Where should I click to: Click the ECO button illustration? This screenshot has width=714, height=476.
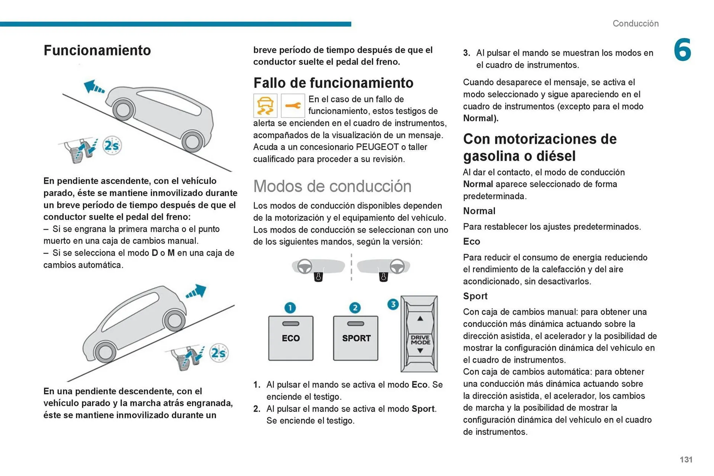click(x=290, y=338)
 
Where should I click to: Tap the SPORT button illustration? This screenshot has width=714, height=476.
click(x=356, y=338)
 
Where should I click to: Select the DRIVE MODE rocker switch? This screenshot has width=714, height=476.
click(x=419, y=334)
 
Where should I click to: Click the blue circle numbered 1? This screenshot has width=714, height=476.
click(x=290, y=308)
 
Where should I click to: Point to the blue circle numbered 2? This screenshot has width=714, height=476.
click(x=355, y=308)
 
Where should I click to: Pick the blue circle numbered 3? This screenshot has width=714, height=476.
click(x=393, y=304)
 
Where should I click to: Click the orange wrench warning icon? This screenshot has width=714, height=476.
click(x=293, y=106)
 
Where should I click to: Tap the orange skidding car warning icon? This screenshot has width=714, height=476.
click(x=265, y=106)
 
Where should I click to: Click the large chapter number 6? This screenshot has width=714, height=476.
click(x=682, y=50)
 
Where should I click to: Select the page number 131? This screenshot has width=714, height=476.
click(x=686, y=460)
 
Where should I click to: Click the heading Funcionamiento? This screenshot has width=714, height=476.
click(x=97, y=50)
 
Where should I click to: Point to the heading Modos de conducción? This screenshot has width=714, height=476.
click(x=332, y=186)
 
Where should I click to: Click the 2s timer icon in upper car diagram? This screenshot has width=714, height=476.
click(x=112, y=145)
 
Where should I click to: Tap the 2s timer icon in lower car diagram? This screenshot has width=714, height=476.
click(x=218, y=353)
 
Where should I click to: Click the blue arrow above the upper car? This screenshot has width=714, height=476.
click(x=94, y=87)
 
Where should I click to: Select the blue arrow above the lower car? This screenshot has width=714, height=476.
click(x=196, y=292)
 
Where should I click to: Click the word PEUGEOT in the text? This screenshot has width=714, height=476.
click(x=377, y=147)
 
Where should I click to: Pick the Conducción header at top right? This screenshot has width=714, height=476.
click(x=635, y=23)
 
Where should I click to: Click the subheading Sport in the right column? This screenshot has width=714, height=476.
click(x=475, y=296)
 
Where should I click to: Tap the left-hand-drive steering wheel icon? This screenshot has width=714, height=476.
click(x=305, y=266)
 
